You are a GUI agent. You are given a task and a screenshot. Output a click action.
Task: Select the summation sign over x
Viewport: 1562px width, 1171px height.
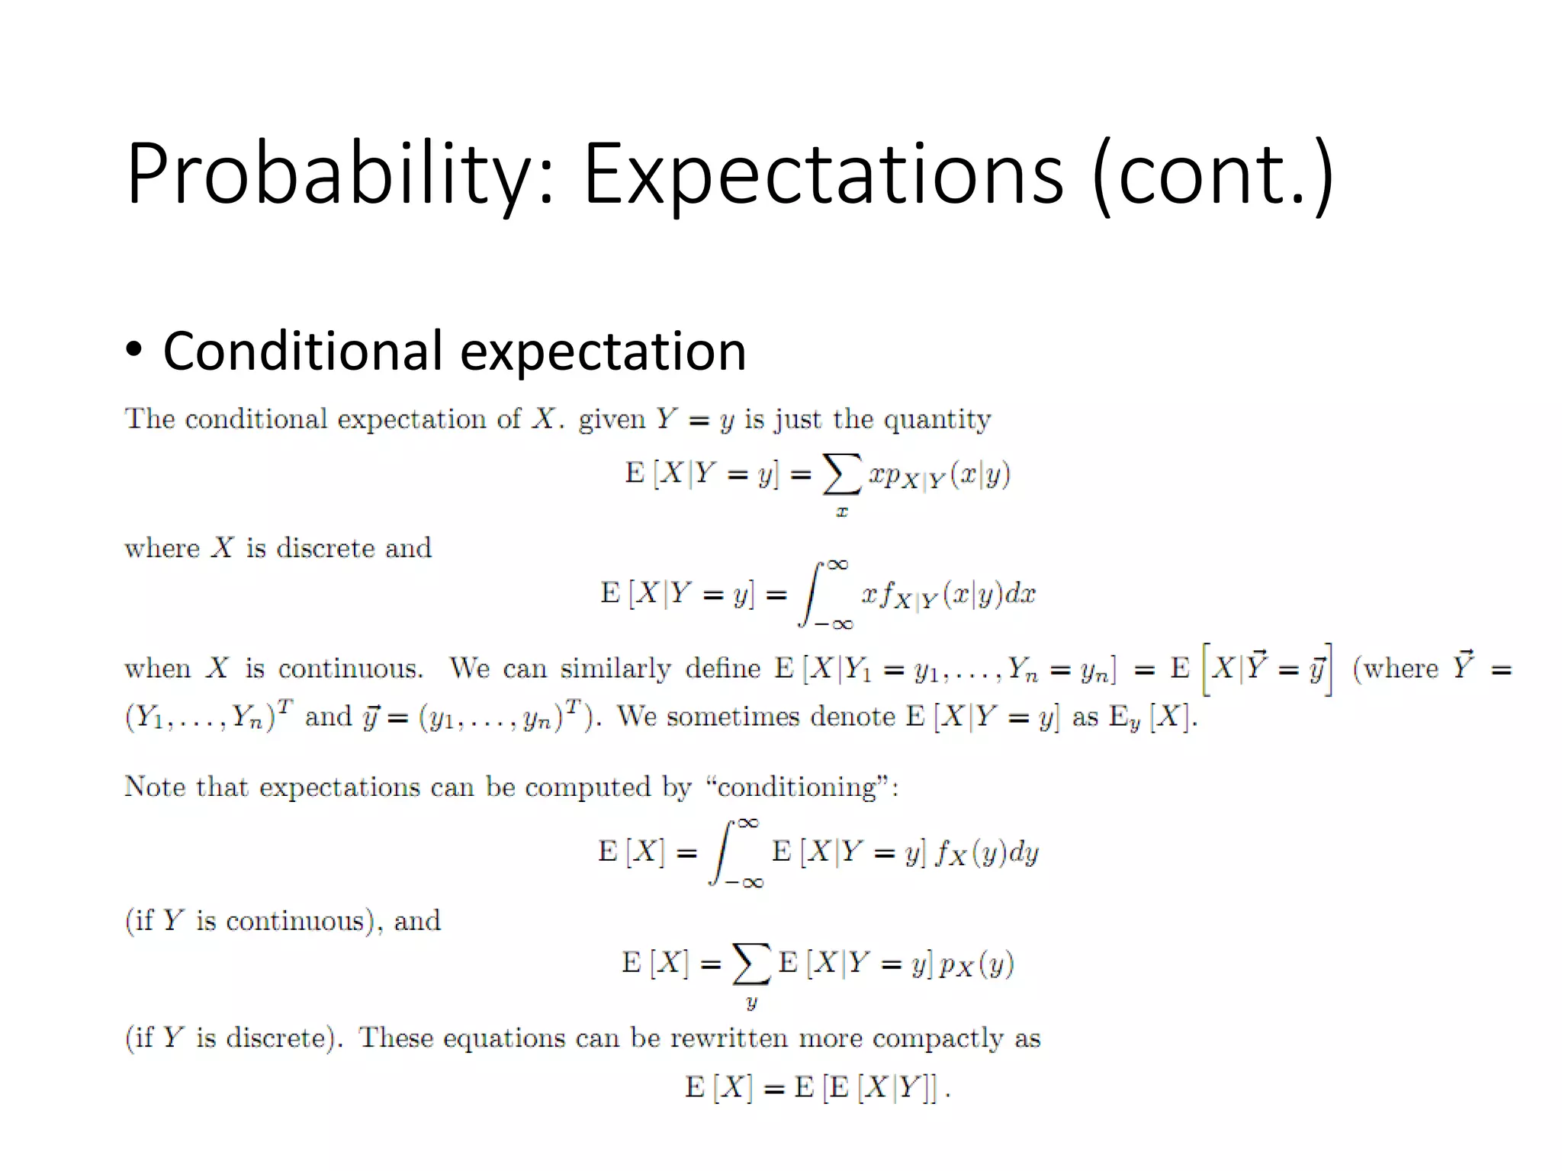click(x=842, y=474)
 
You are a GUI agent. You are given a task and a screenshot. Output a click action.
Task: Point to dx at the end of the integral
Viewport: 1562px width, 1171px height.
click(x=1020, y=594)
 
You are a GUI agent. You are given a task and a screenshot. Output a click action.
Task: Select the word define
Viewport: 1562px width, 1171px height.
click(x=722, y=668)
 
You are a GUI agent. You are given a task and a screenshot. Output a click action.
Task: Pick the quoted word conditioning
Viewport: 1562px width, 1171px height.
click(x=797, y=786)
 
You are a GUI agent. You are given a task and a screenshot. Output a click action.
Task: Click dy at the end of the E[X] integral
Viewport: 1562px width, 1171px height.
click(x=1023, y=852)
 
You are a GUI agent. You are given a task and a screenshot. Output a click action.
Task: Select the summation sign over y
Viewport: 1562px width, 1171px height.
click(x=751, y=964)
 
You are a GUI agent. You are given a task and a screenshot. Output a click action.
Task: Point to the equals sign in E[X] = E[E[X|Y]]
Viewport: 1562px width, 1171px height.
click(x=773, y=1088)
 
